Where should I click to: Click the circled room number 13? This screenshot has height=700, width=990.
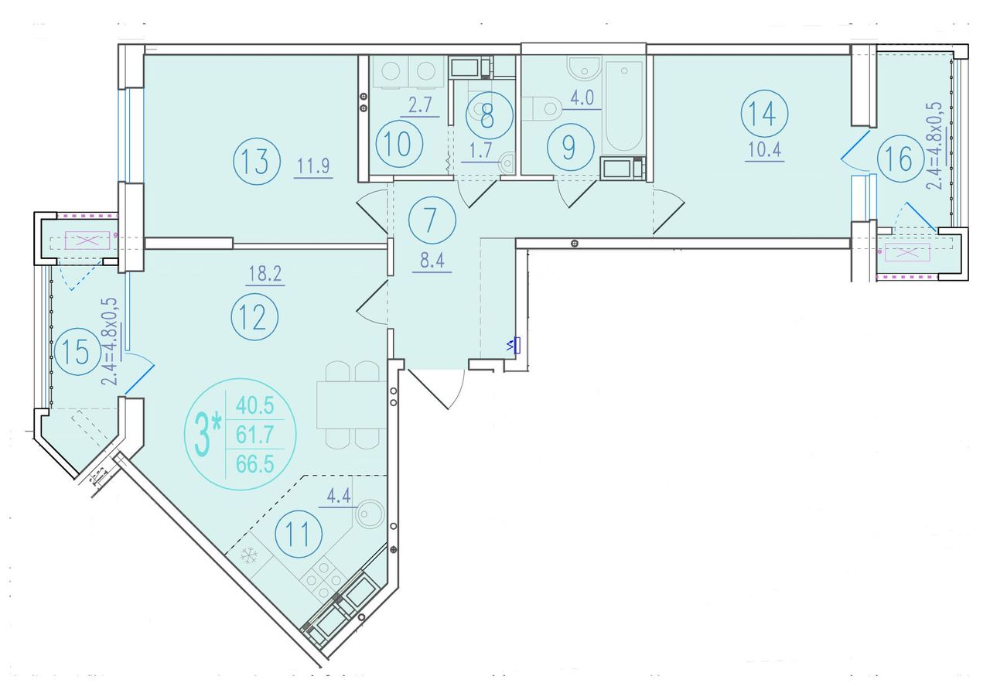pyautogui.click(x=257, y=161)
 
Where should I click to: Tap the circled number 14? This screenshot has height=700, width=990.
pyautogui.click(x=764, y=114)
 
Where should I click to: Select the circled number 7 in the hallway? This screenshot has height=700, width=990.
pyautogui.click(x=432, y=220)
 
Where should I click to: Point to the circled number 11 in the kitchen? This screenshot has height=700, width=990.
pyautogui.click(x=299, y=534)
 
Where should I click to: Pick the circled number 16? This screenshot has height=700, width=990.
pyautogui.click(x=900, y=159)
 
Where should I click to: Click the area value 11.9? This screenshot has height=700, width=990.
pyautogui.click(x=313, y=166)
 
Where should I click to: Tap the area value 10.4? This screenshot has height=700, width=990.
pyautogui.click(x=765, y=150)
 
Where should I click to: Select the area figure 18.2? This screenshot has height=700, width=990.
pyautogui.click(x=265, y=274)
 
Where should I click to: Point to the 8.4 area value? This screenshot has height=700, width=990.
pyautogui.click(x=432, y=261)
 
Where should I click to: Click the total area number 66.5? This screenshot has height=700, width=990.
pyautogui.click(x=255, y=464)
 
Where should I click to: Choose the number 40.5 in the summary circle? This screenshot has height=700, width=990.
pyautogui.click(x=255, y=405)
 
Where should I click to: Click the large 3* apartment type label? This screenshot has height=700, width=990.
pyautogui.click(x=208, y=435)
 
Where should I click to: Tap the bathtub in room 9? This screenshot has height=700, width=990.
pyautogui.click(x=623, y=107)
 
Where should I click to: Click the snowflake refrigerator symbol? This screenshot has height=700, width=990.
pyautogui.click(x=249, y=555)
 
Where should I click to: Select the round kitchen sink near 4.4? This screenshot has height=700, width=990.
pyautogui.click(x=370, y=514)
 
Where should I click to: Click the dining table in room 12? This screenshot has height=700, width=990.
pyautogui.click(x=351, y=405)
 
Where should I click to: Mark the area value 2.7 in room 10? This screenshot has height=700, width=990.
pyautogui.click(x=420, y=107)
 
